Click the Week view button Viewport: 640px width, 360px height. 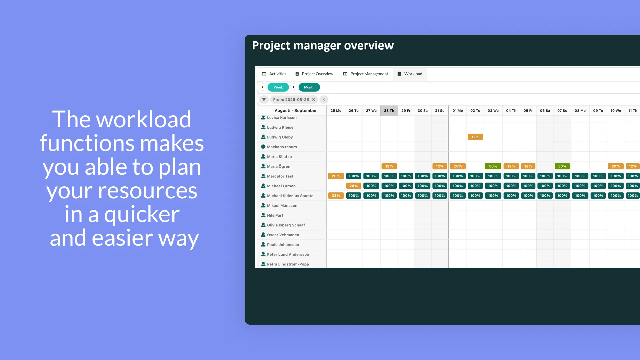278,87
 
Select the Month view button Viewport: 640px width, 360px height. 309,87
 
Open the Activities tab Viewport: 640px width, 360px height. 274,74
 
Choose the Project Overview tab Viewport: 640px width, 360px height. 314,74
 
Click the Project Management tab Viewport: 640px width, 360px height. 366,74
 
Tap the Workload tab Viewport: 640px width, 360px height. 410,74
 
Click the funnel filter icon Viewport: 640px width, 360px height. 264,99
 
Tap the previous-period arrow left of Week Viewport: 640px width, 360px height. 263,87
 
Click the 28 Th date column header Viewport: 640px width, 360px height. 389,111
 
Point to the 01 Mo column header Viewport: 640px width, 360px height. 458,111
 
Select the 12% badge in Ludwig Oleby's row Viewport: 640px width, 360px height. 475,137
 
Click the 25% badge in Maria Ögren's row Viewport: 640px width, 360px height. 458,166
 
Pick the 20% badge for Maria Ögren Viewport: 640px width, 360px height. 616,166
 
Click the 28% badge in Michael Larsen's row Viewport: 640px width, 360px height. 354,186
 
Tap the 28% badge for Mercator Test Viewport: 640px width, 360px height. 336,176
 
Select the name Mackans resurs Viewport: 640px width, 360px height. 282,147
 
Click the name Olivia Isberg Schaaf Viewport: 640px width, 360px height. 286,225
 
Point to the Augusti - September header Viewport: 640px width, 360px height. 296,111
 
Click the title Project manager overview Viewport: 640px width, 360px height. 323,45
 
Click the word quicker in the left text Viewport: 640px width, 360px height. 142,214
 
